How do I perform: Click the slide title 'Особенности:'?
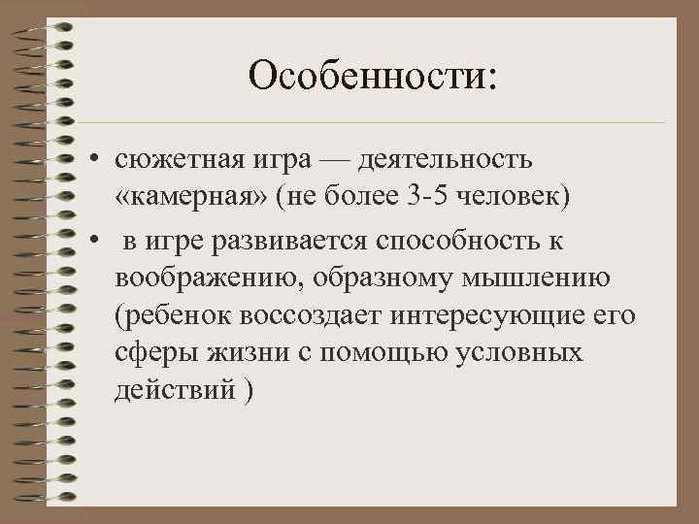(372, 75)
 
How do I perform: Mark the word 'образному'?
(376, 278)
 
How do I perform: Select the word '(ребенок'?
(175, 316)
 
